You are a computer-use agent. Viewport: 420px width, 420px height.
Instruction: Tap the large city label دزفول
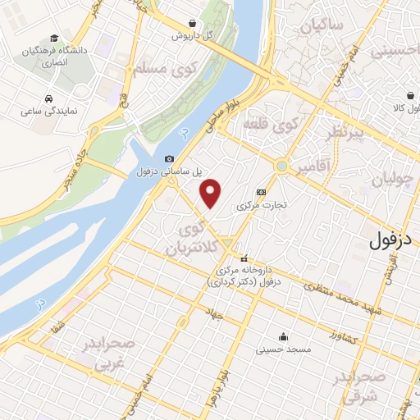(x=390, y=240)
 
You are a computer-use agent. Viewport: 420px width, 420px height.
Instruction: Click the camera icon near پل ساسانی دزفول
(x=169, y=158)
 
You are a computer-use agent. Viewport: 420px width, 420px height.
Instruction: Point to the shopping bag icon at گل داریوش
(x=191, y=23)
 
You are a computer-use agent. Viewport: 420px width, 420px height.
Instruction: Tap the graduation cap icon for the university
(x=54, y=38)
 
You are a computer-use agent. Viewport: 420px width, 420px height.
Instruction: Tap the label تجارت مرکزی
(x=262, y=204)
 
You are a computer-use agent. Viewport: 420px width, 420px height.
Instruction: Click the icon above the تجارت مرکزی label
(x=261, y=191)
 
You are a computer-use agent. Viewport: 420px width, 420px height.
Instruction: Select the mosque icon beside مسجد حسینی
(x=283, y=336)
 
